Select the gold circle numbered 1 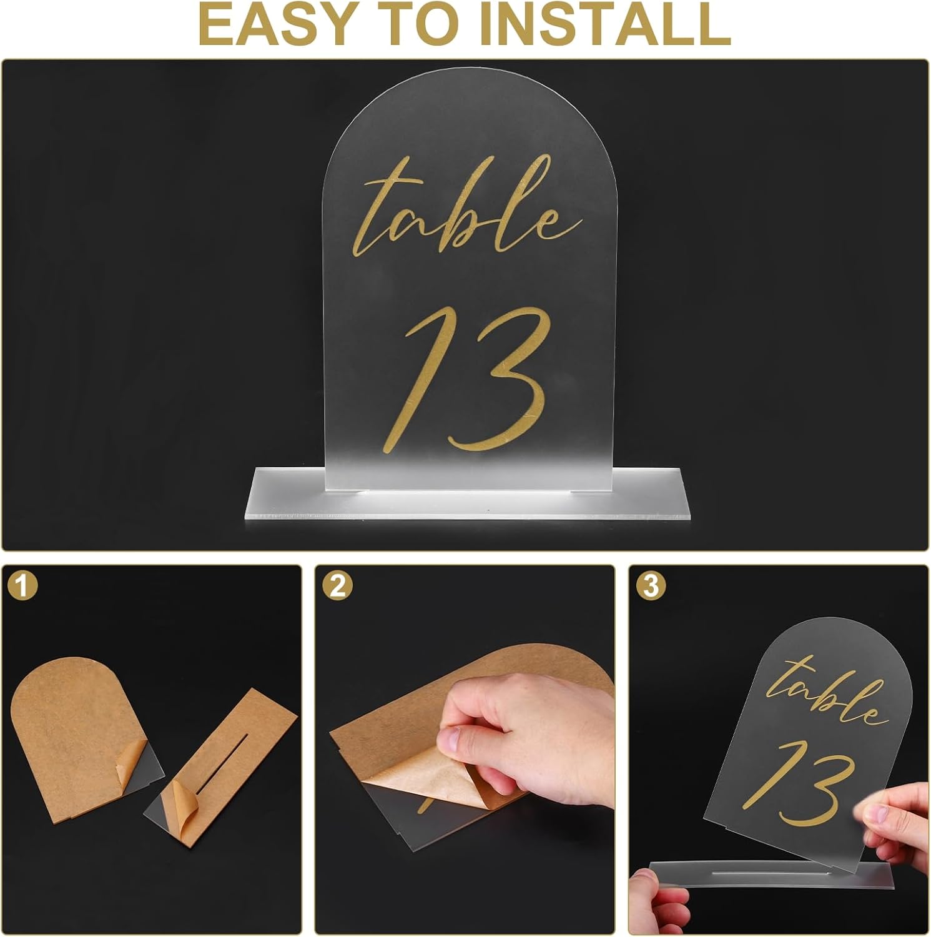click(x=23, y=586)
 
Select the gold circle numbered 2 click(x=337, y=586)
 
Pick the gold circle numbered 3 click(x=651, y=586)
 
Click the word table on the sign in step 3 click(x=827, y=693)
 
